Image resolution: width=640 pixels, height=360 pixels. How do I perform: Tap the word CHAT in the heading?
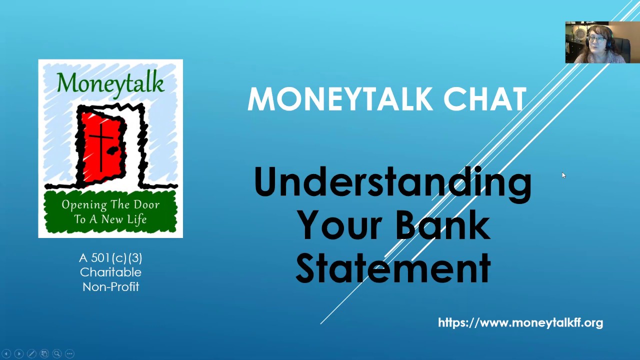click(x=484, y=99)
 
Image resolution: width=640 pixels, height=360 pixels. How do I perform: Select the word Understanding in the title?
click(x=392, y=182)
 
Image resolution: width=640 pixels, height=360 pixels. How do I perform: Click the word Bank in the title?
click(x=442, y=225)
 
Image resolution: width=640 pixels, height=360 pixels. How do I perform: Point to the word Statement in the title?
click(x=393, y=268)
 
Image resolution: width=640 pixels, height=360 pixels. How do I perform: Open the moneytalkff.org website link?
click(x=520, y=323)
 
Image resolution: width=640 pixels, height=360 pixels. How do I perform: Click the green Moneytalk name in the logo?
click(x=110, y=82)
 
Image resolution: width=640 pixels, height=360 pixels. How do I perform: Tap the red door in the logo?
click(x=102, y=145)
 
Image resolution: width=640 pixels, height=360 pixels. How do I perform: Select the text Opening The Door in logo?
click(x=110, y=205)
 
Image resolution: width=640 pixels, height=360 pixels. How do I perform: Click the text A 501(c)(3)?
click(x=110, y=258)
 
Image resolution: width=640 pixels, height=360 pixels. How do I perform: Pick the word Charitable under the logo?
click(x=110, y=272)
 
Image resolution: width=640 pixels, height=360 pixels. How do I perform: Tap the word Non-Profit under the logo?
click(x=110, y=287)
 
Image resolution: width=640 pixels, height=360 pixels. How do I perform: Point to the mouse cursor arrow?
click(x=563, y=175)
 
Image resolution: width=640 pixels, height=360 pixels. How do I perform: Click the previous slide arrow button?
click(x=6, y=353)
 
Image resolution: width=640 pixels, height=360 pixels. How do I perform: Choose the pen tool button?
click(x=31, y=353)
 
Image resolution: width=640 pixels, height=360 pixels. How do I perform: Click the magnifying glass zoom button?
click(x=57, y=353)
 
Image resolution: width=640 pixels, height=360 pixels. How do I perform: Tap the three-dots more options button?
click(x=69, y=353)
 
